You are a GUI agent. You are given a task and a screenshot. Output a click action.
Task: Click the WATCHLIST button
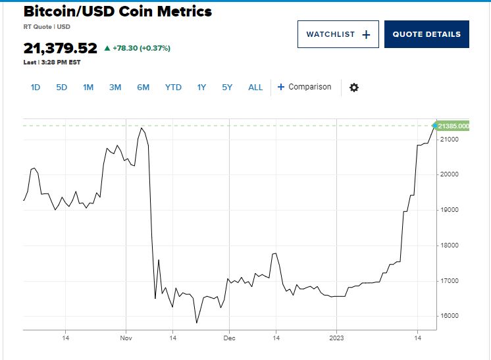pos(338,34)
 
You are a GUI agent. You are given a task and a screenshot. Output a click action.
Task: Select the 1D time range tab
pos(36,88)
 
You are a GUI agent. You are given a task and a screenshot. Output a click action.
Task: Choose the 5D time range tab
pos(61,88)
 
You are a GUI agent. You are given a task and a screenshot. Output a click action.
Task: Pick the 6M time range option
pos(143,88)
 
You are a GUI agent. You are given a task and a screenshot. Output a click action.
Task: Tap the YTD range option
pos(173,88)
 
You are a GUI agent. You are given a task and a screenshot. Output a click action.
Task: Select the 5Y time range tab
pos(227,88)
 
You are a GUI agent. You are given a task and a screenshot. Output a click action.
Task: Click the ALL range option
pos(255,88)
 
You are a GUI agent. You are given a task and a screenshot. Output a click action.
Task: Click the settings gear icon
pos(354,88)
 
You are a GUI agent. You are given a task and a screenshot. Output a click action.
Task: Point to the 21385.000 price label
pos(453,126)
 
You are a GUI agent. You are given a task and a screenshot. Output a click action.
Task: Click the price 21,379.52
pos(60,48)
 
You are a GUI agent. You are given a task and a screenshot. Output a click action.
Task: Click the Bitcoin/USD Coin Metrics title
pos(118,12)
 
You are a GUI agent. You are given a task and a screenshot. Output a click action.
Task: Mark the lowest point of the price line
pos(197,323)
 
